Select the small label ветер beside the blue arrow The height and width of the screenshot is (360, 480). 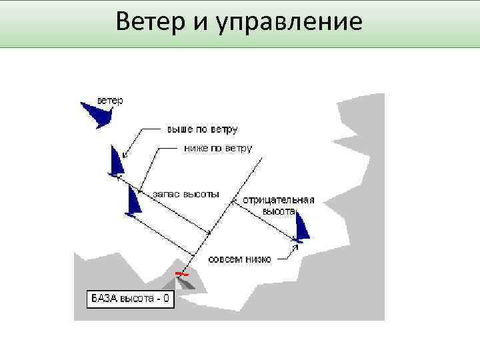(x=110, y=101)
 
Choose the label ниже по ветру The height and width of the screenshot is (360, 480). (x=217, y=148)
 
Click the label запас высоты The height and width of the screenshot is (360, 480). (x=185, y=194)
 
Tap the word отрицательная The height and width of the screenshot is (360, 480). (x=278, y=200)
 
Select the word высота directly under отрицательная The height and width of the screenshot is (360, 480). (x=278, y=211)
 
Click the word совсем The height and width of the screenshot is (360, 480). (x=223, y=259)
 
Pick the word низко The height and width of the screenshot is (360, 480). (x=257, y=259)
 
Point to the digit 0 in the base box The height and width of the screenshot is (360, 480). (x=166, y=299)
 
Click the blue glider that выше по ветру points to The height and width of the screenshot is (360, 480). (x=117, y=162)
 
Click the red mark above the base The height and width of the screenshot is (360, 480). (x=181, y=273)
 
